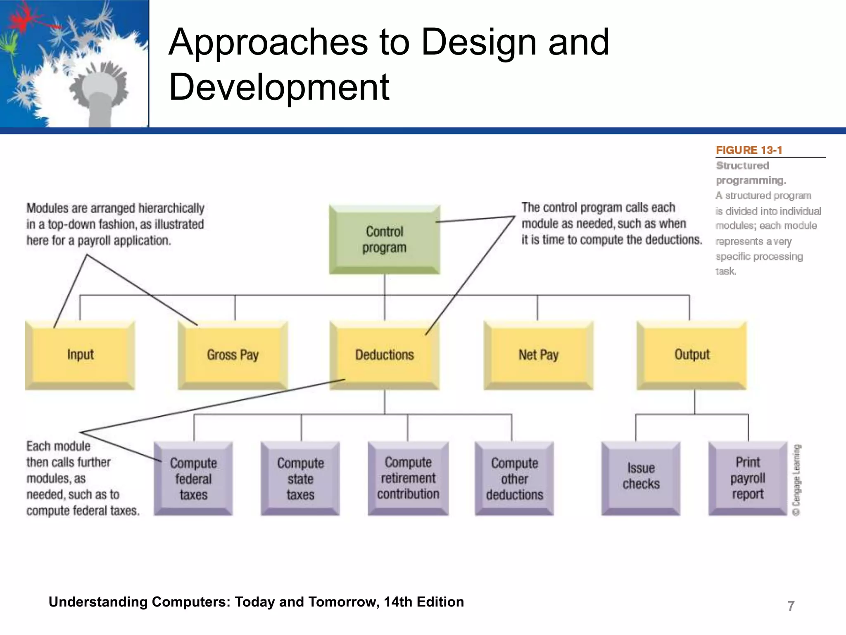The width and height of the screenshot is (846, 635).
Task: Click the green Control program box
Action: pos(385,239)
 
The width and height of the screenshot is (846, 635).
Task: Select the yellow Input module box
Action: pos(80,355)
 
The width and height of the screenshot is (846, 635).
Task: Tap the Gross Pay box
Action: pos(233,355)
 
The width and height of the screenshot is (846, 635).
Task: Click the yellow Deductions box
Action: pos(385,355)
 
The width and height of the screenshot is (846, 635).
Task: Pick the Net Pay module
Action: pos(538,355)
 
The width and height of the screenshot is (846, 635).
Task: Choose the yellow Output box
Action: pos(692,355)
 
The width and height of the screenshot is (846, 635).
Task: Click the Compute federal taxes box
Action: pos(193,478)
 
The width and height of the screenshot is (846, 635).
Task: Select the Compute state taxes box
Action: pos(300,478)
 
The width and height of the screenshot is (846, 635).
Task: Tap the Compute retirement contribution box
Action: pos(408,478)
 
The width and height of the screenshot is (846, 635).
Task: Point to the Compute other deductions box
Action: pos(514,478)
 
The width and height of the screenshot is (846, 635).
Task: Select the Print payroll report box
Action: pos(748,478)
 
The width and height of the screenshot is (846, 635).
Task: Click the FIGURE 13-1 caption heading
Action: pos(749,150)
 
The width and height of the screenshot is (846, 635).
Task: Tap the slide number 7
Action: pos(791,606)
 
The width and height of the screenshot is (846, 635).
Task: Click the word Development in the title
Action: pos(279,87)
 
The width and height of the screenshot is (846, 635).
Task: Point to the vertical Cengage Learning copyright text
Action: pos(797,480)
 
